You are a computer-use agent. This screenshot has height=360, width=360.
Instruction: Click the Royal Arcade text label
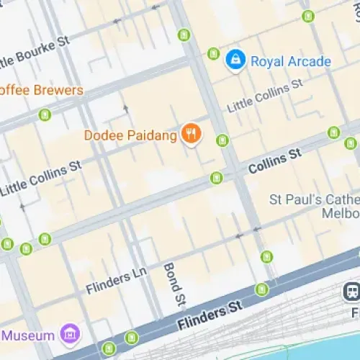pyautogui.click(x=290, y=61)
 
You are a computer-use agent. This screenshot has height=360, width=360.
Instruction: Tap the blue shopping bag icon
pyautogui.click(x=235, y=61)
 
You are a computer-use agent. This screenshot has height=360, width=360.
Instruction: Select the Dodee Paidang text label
pyautogui.click(x=130, y=135)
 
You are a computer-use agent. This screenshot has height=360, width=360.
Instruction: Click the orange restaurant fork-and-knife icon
pyautogui.click(x=191, y=133)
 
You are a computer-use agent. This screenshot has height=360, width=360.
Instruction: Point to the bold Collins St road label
pyautogui.click(x=274, y=162)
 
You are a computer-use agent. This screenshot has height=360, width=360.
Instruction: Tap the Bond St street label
pyautogui.click(x=173, y=282)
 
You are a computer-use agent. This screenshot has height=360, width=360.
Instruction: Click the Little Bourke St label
pyautogui.click(x=35, y=50)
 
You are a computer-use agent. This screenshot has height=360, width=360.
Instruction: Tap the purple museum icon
pyautogui.click(x=70, y=334)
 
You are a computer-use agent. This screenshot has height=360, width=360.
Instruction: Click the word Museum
pyautogui.click(x=29, y=336)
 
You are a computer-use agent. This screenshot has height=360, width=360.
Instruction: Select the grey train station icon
pyautogui.click(x=351, y=291)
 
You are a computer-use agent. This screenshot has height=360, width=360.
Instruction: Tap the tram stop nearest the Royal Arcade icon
pyautogui.click(x=213, y=53)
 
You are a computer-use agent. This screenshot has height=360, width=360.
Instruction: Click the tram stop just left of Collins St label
pyautogui.click(x=217, y=177)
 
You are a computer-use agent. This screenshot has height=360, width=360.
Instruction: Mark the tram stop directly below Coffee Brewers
pyautogui.click(x=45, y=114)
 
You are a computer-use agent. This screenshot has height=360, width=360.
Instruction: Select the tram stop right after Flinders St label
pyautogui.click(x=261, y=289)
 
